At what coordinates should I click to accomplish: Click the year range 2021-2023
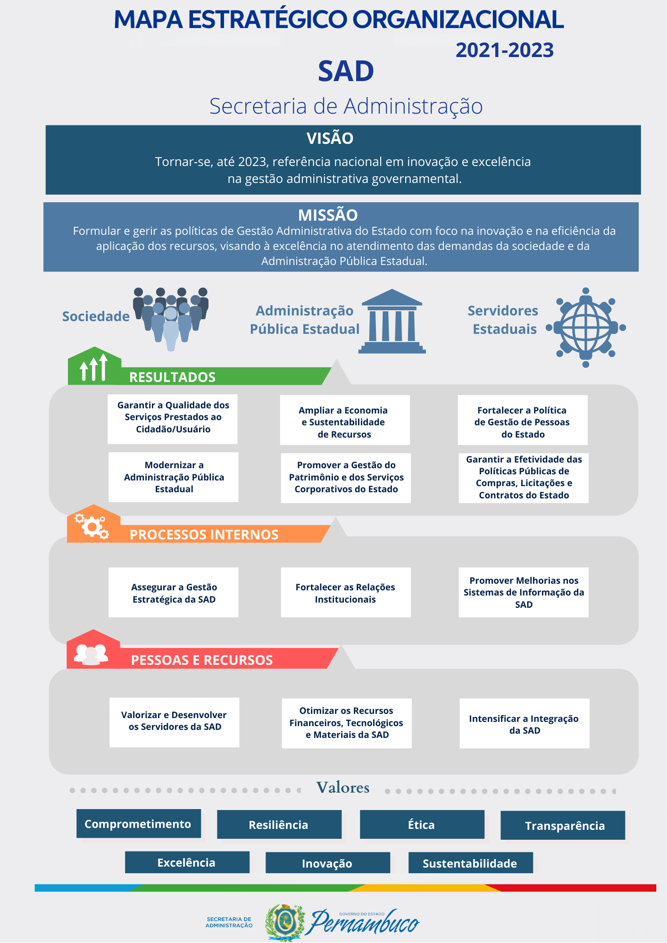(x=504, y=50)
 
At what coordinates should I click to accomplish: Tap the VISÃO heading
(x=330, y=138)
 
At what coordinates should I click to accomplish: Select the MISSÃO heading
(x=328, y=215)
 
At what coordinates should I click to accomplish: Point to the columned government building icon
(x=392, y=321)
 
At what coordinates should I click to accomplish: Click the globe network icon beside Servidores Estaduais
(x=586, y=328)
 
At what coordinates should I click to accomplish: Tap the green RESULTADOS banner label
(x=172, y=377)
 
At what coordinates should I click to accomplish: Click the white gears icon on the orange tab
(x=92, y=526)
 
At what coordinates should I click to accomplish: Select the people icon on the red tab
(x=91, y=654)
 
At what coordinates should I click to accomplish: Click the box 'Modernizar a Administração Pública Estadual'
(x=174, y=477)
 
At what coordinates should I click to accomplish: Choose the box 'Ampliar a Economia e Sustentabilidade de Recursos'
(x=345, y=420)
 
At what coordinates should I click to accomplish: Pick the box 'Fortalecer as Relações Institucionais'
(x=346, y=593)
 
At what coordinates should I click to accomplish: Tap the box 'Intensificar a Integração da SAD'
(x=525, y=723)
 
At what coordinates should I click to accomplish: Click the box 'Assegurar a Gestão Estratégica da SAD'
(x=174, y=593)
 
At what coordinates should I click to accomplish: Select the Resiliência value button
(x=279, y=825)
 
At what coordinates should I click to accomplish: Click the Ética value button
(x=422, y=825)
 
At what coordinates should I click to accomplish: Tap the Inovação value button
(x=328, y=863)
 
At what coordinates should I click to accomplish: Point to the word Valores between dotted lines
(x=343, y=787)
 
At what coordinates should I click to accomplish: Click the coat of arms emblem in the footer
(x=285, y=922)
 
